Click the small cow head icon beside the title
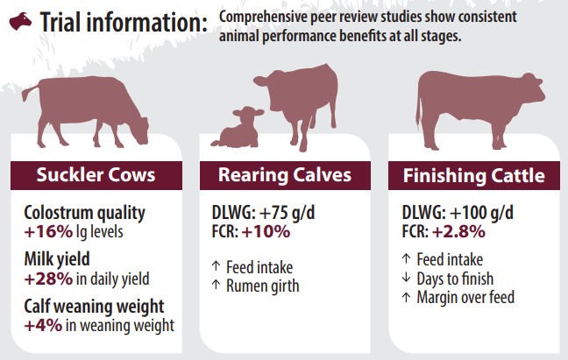[20, 21]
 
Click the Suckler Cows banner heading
[96, 175]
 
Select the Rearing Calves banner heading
[285, 175]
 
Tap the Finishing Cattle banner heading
[474, 176]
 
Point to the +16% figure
[48, 231]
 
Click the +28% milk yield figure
[48, 279]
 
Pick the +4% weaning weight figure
[43, 325]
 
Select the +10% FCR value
[266, 231]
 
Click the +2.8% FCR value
[458, 231]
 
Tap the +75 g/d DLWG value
[287, 212]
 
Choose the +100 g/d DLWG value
[481, 212]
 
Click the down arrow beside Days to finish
[406, 278]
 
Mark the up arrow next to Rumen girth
[216, 285]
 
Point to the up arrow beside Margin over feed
[406, 297]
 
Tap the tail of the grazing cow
[30, 92]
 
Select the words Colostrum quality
[84, 214]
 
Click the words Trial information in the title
[124, 23]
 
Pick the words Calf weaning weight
[94, 307]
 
